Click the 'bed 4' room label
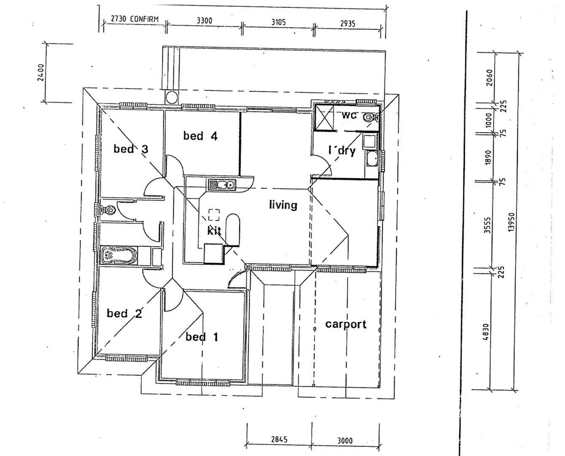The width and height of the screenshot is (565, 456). tap(200, 136)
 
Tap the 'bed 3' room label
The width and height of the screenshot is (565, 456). tap(131, 149)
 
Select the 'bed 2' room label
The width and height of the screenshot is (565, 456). tap(124, 313)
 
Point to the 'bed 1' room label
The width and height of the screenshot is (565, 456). tap(202, 337)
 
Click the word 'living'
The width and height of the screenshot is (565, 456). tap(283, 205)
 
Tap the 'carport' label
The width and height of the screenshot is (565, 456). tap(346, 324)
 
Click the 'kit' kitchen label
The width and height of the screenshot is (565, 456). tap(214, 231)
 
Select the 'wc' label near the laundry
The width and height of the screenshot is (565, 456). tap(349, 115)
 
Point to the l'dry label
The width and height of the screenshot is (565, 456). tap(342, 150)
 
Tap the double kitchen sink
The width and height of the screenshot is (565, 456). tap(222, 185)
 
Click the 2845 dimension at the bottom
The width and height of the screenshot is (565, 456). tap(279, 440)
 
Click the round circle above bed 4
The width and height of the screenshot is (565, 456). tap(172, 98)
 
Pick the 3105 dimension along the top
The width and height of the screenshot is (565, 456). tap(278, 22)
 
